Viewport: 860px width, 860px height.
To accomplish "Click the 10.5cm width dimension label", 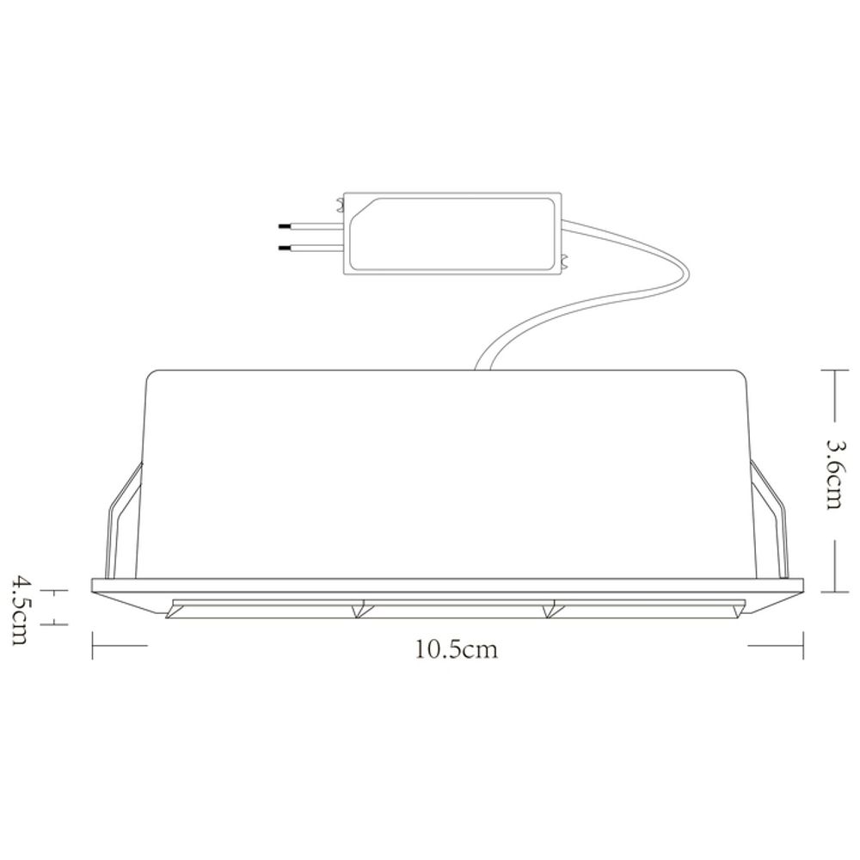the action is (457, 649).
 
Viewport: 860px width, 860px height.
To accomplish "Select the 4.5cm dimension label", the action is (21, 610).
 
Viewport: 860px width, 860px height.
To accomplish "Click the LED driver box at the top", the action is (452, 232).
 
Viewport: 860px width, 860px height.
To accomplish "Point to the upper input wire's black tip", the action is (285, 225).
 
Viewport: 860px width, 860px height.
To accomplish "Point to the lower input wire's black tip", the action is (285, 249).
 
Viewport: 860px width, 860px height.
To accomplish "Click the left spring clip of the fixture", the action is (123, 520).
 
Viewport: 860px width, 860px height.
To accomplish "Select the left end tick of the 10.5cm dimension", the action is (93, 645).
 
